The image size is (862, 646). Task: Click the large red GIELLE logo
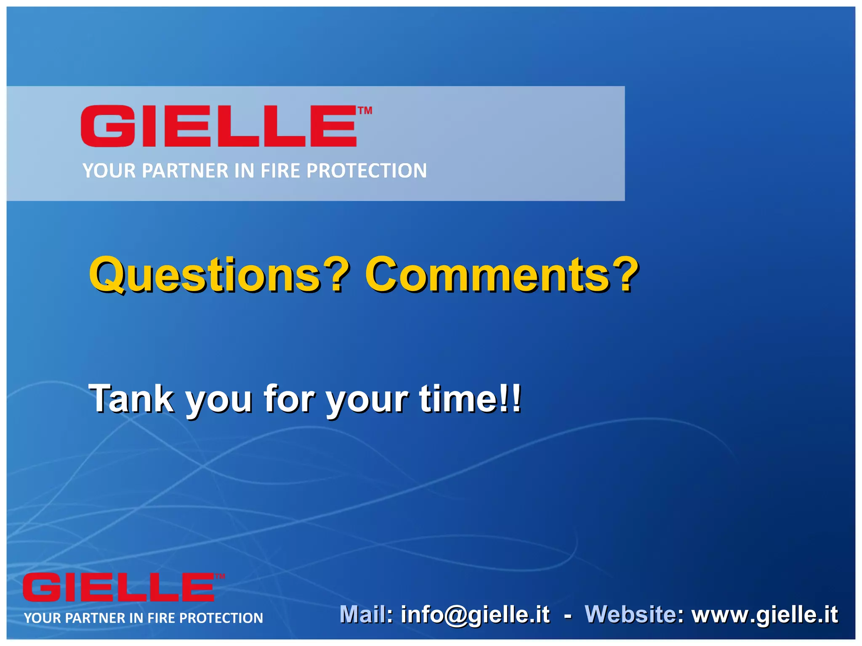pyautogui.click(x=219, y=126)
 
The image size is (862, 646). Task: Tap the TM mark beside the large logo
pyautogui.click(x=365, y=111)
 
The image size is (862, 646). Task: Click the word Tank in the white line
pyautogui.click(x=131, y=398)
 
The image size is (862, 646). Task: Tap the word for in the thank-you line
pyautogui.click(x=289, y=398)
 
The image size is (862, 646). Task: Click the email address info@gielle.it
pyautogui.click(x=475, y=614)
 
